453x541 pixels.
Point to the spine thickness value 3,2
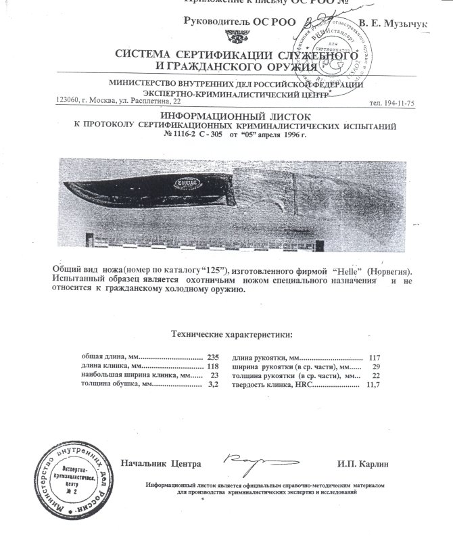(x=214, y=384)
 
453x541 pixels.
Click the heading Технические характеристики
(x=232, y=333)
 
